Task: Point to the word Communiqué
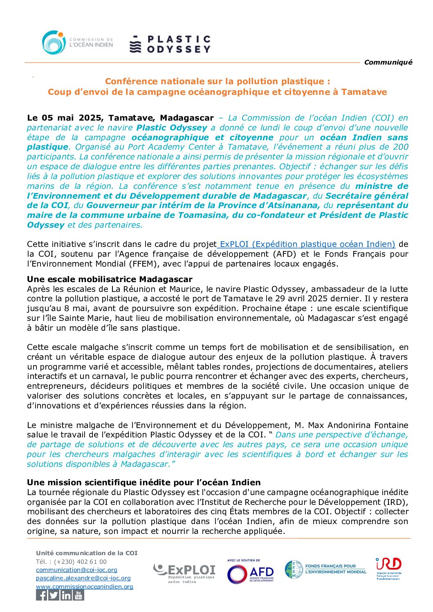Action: point(388,62)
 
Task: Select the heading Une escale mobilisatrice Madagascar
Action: point(110,279)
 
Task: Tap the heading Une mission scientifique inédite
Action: point(144,482)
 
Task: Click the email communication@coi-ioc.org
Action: point(76,569)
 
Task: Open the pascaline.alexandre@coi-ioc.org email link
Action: point(83,578)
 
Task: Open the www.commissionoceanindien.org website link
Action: point(85,587)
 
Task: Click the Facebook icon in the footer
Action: point(42,595)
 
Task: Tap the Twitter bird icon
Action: point(54,595)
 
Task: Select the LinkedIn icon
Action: point(66,595)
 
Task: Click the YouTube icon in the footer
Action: point(79,595)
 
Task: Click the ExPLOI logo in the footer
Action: point(185,572)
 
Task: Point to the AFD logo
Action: point(250,572)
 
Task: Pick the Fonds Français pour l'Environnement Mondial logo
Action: point(325,569)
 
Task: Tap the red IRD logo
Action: point(388,567)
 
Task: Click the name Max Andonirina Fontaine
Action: point(358,425)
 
